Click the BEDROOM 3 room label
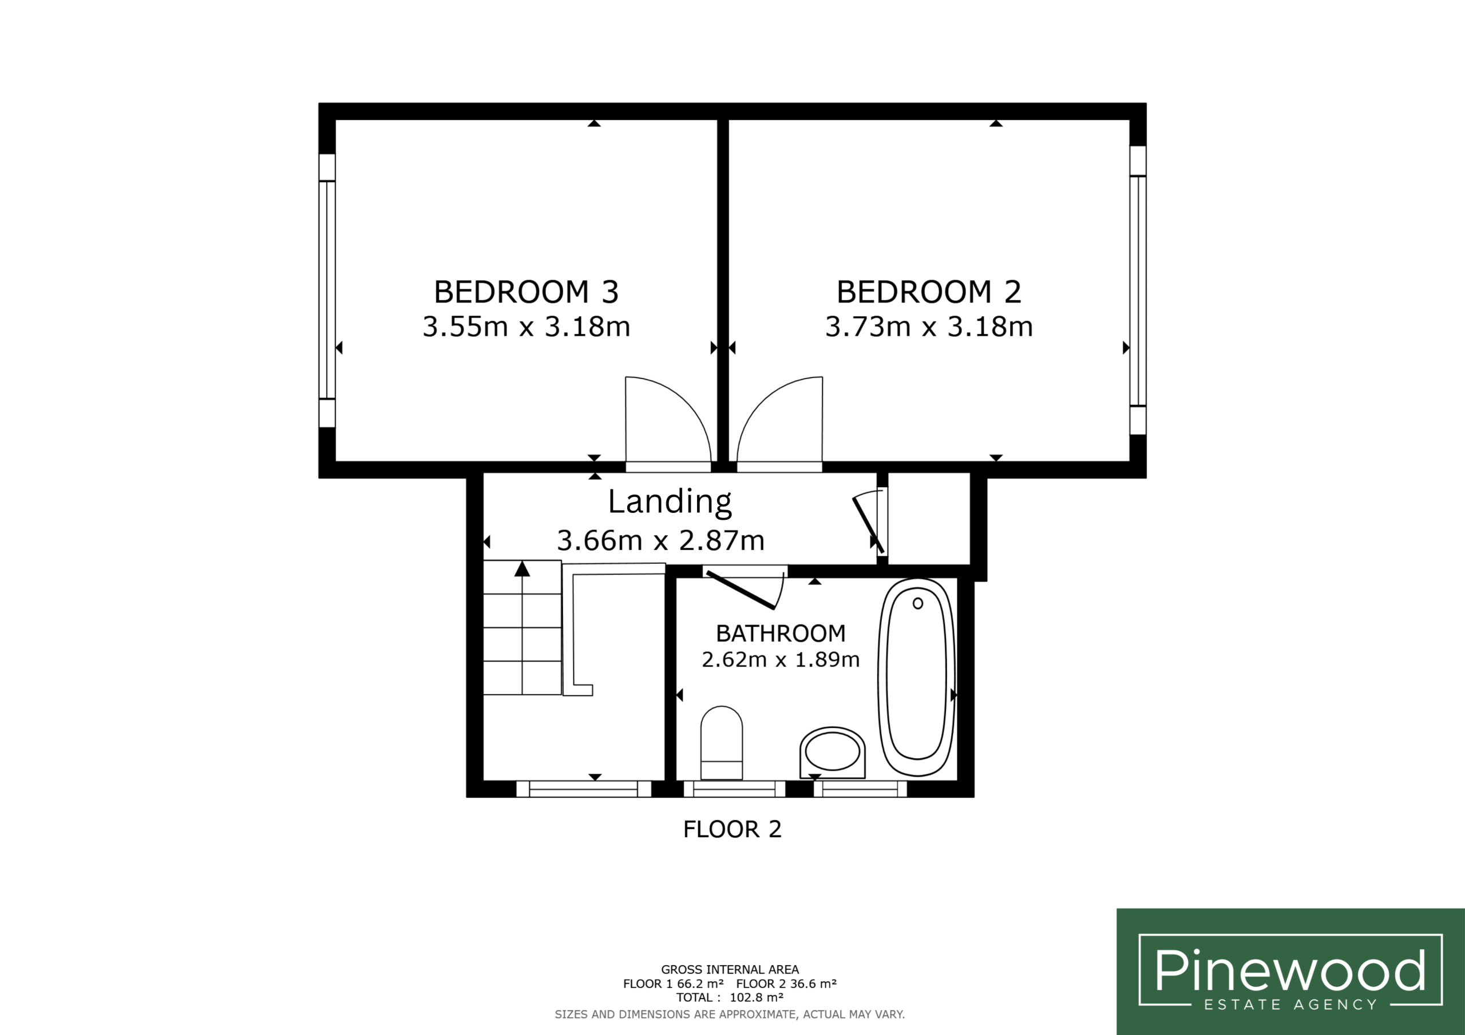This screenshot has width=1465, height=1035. (x=526, y=292)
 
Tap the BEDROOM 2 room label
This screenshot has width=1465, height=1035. (x=929, y=292)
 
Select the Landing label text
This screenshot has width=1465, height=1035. (x=670, y=502)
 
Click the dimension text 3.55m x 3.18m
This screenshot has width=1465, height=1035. (x=526, y=327)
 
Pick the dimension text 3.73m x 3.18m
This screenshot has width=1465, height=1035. (x=929, y=327)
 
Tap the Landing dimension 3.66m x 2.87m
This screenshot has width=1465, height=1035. (x=660, y=541)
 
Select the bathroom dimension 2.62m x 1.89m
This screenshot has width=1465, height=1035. (x=781, y=659)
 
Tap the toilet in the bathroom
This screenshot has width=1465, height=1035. (x=722, y=742)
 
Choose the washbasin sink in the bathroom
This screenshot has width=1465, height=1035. (x=833, y=753)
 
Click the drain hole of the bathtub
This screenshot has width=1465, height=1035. (x=917, y=603)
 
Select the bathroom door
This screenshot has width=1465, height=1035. (x=741, y=591)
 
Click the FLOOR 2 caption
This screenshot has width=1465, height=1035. (x=732, y=830)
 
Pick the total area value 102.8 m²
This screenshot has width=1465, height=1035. (x=756, y=997)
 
